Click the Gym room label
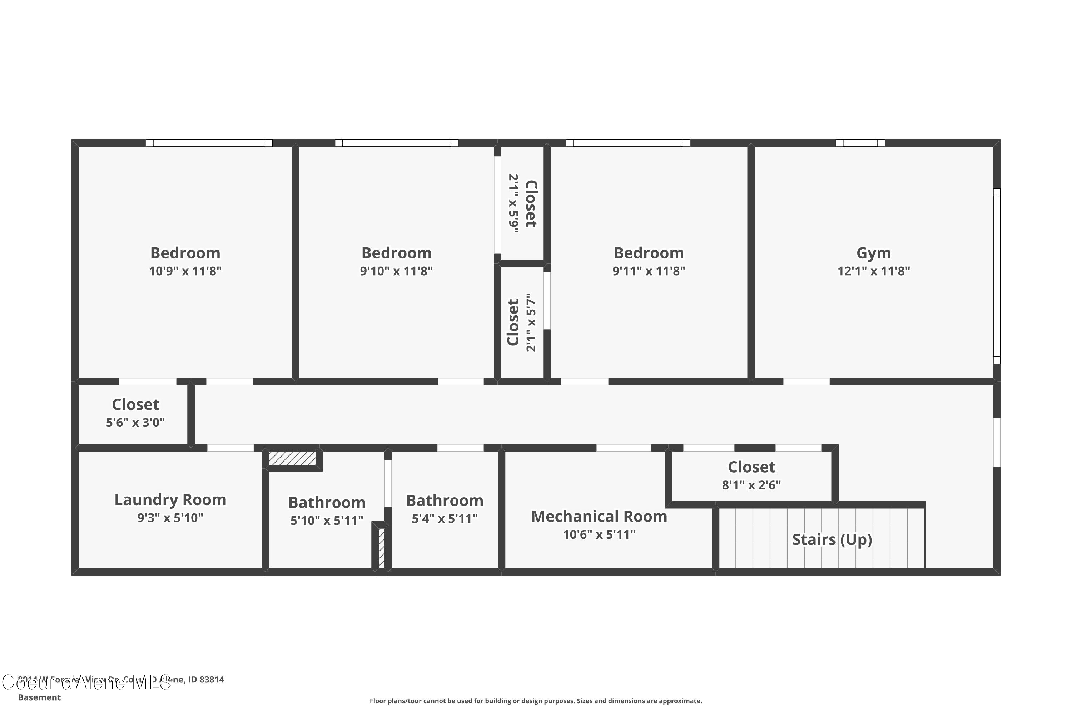pyautogui.click(x=873, y=253)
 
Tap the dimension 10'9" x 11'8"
pyautogui.click(x=185, y=271)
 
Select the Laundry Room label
pyautogui.click(x=170, y=499)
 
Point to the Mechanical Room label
pyautogui.click(x=599, y=516)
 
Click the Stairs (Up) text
pyautogui.click(x=832, y=539)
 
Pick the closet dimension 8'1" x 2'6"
pyautogui.click(x=751, y=485)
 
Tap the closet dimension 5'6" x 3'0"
pyautogui.click(x=135, y=422)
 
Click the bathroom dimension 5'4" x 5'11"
pyautogui.click(x=445, y=518)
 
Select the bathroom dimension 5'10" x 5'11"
pyautogui.click(x=327, y=520)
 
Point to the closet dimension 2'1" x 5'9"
pyautogui.click(x=514, y=203)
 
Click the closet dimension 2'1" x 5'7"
pyautogui.click(x=531, y=322)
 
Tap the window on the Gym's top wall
pyautogui.click(x=860, y=143)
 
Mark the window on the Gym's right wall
pyautogui.click(x=997, y=276)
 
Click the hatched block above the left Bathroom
pyautogui.click(x=292, y=458)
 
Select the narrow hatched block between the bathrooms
pyautogui.click(x=382, y=547)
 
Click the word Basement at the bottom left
pyautogui.click(x=39, y=697)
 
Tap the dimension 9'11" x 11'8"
pyautogui.click(x=648, y=271)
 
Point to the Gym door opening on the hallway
pyautogui.click(x=806, y=382)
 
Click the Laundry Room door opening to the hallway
pyautogui.click(x=230, y=448)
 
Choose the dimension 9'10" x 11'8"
pyautogui.click(x=396, y=271)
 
